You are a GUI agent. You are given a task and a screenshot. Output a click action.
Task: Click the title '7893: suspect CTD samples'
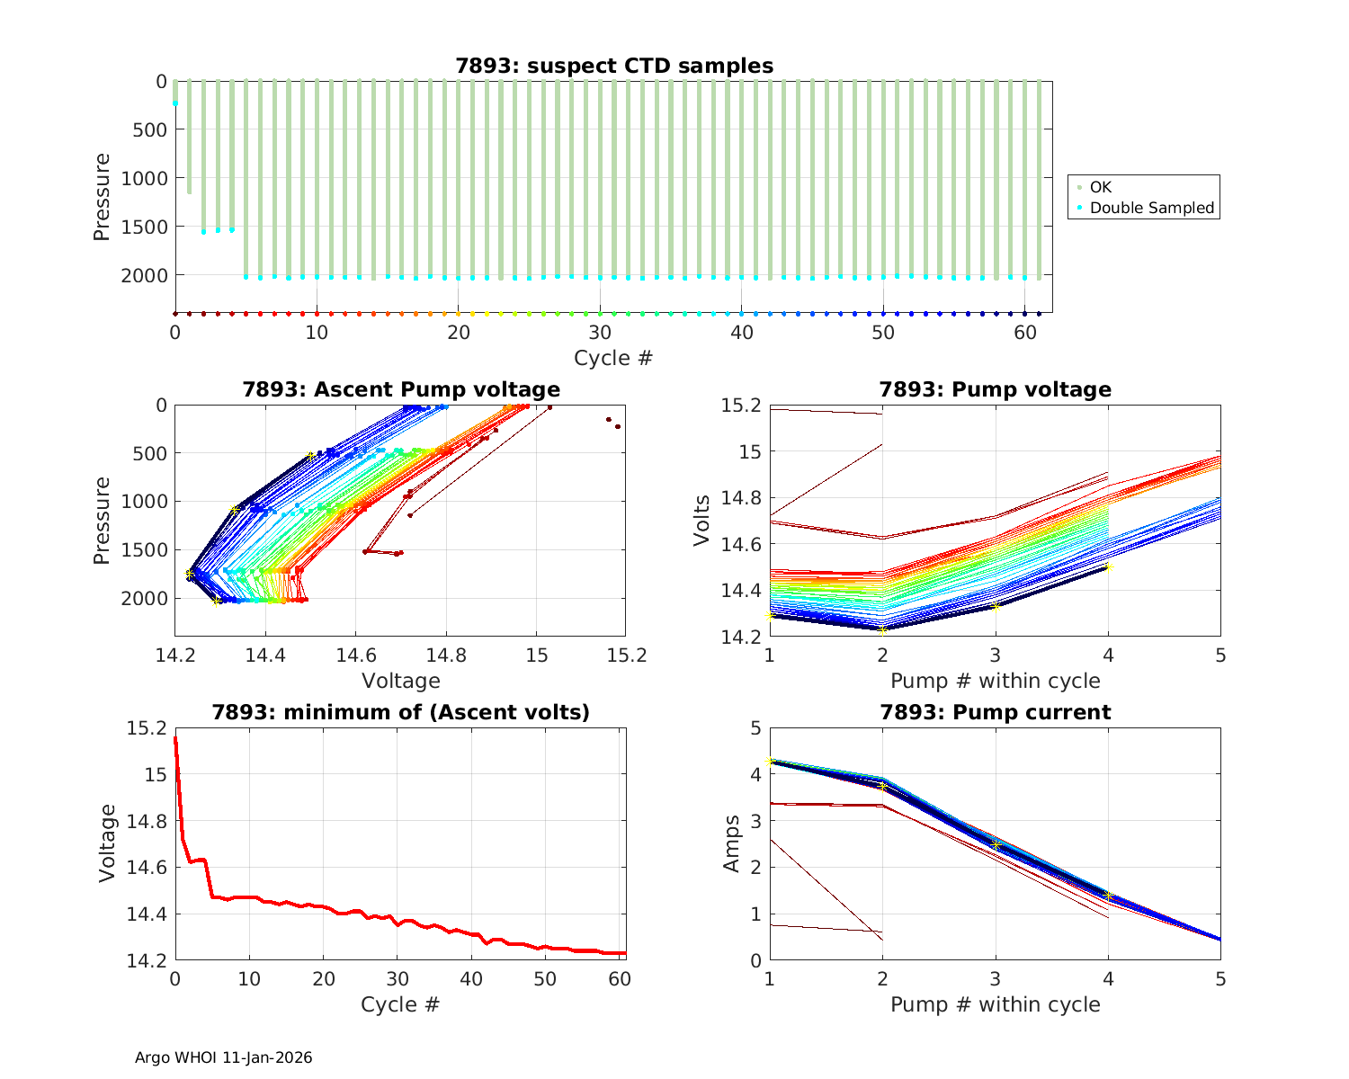pos(614,66)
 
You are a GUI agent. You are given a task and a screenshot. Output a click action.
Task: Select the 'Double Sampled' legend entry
pos(1151,208)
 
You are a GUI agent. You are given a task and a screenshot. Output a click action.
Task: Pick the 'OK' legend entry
pos(1101,187)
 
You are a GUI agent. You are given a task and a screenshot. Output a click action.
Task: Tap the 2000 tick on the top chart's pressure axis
pos(144,275)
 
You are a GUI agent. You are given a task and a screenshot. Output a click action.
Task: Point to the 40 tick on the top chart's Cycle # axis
pos(741,332)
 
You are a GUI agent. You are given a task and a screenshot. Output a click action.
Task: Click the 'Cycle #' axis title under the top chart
pos(613,358)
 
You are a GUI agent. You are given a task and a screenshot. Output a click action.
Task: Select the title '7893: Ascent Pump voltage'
pos(401,389)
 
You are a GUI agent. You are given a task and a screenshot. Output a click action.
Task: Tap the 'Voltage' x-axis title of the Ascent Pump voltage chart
pos(401,681)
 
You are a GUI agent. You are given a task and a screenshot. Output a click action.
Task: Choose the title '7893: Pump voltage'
pos(995,389)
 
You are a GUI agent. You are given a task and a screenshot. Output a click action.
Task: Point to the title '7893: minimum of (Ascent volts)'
pos(401,712)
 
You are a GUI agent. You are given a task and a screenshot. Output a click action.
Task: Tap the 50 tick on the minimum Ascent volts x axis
pos(544,979)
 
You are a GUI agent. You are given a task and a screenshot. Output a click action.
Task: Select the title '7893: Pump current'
pos(995,712)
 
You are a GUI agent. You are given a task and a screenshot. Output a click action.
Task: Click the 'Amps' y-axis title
pos(733,843)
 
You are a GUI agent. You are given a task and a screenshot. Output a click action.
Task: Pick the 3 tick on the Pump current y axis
pos(755,821)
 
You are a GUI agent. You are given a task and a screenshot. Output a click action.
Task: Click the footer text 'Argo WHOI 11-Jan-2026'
pos(224,1057)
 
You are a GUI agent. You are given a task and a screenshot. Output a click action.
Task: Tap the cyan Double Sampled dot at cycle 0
pos(175,103)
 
